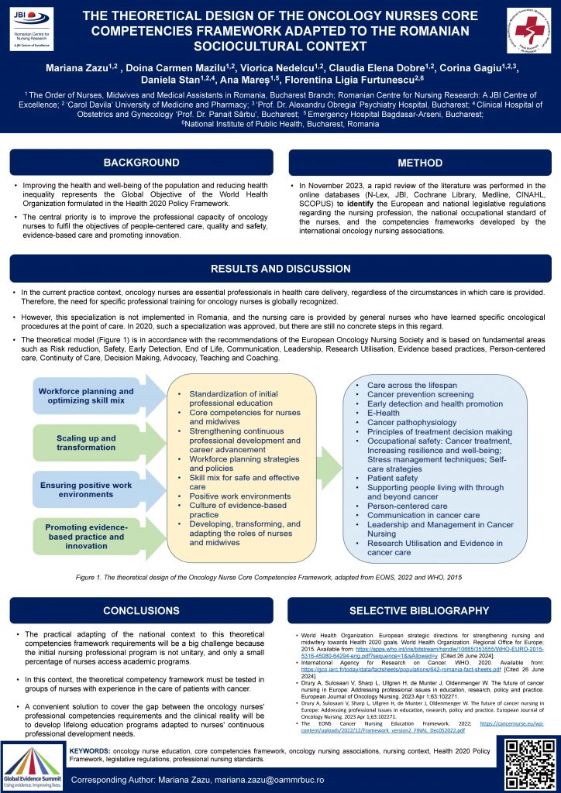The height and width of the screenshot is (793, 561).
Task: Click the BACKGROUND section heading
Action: coord(141,163)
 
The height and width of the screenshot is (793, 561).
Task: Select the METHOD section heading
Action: coord(420,163)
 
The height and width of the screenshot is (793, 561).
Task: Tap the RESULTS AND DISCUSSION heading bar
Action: coord(280,269)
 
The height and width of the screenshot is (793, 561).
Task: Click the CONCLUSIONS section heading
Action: coord(141,610)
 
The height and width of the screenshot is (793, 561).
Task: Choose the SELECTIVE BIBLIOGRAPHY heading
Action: coord(419,610)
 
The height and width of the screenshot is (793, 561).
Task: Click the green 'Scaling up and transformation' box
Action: coord(87,443)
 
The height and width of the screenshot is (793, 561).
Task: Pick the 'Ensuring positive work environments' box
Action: coord(87,489)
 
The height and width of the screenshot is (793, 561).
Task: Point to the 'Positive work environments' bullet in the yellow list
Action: coord(240,496)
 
